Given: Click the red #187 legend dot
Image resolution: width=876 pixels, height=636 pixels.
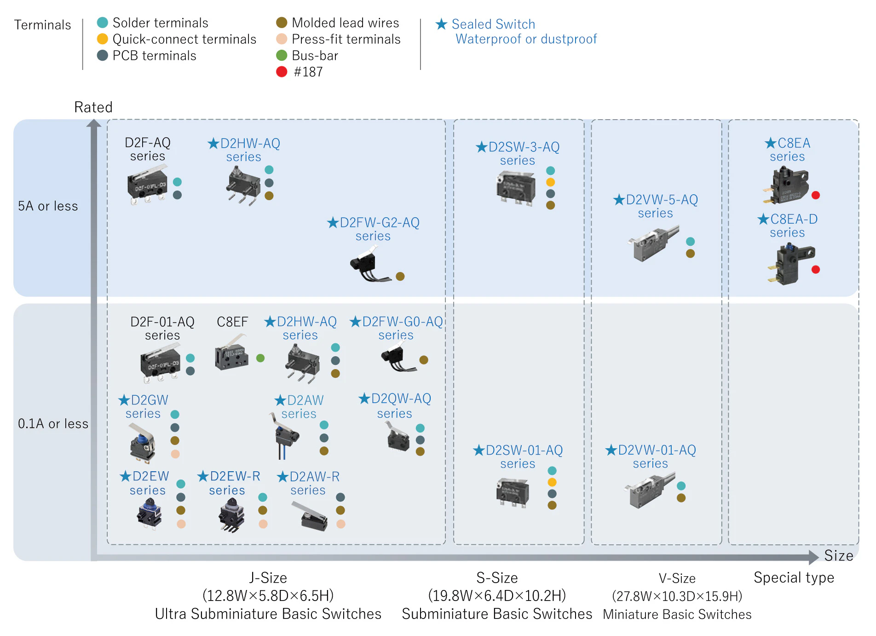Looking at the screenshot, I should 282,72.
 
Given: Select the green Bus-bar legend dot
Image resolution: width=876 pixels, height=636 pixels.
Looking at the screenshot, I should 282,56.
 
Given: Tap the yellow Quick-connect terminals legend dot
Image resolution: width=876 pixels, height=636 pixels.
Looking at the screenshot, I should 103,39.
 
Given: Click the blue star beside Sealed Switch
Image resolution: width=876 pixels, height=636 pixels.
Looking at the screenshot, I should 441,24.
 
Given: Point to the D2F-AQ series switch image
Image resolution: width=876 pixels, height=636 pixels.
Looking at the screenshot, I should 147,185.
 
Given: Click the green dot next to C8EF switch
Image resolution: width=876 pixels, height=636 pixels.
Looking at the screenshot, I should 260,358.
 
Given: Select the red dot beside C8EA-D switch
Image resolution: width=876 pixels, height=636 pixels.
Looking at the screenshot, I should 816,270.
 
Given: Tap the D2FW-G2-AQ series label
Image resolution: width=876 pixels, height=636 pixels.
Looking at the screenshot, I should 374,229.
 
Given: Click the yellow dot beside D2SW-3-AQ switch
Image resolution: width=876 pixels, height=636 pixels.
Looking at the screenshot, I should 550,182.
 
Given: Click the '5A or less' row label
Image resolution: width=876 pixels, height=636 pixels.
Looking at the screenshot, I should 48,206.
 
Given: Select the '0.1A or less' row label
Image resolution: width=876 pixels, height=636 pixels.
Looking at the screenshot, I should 53,424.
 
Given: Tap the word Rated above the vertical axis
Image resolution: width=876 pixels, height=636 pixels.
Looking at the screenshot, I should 93,107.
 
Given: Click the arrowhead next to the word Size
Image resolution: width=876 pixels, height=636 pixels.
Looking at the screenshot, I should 813,557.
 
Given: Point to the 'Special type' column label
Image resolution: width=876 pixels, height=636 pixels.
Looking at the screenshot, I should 794,578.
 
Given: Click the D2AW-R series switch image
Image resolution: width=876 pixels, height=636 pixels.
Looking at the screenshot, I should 310,516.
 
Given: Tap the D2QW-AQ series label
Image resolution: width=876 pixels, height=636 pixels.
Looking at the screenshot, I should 395,405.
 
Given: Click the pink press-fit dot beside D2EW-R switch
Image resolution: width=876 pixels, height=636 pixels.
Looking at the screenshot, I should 263,524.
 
